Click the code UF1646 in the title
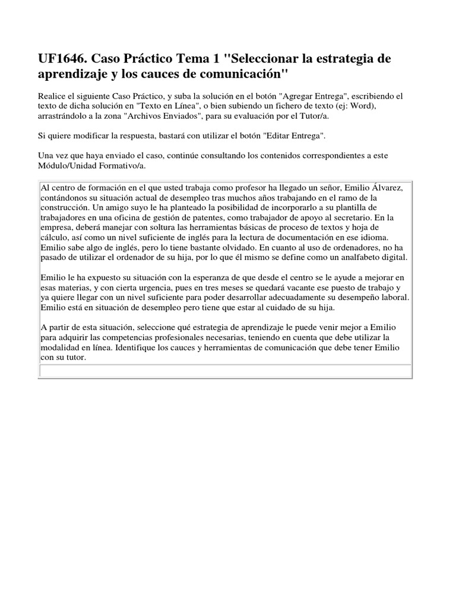pos(64,60)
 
